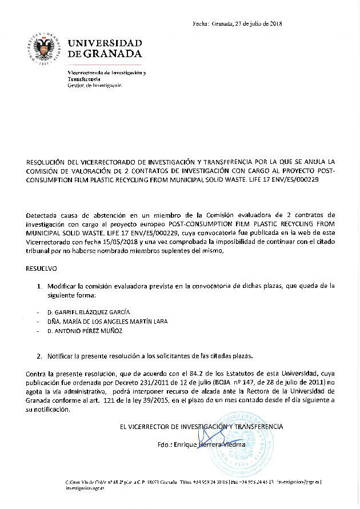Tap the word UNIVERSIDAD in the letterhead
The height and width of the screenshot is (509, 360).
pyautogui.click(x=105, y=43)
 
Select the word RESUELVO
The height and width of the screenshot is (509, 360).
pyautogui.click(x=41, y=268)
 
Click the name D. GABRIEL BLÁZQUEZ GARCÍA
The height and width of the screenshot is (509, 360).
pyautogui.click(x=89, y=312)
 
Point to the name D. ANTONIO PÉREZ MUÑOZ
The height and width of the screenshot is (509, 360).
pyautogui.click(x=85, y=331)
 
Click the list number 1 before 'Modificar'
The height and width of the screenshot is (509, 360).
pyautogui.click(x=39, y=285)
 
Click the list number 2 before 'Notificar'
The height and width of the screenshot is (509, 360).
pyautogui.click(x=39, y=356)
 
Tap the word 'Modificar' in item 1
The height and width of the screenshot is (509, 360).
pyautogui.click(x=62, y=285)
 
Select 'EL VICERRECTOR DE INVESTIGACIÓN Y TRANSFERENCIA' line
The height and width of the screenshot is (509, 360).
pyautogui.click(x=201, y=426)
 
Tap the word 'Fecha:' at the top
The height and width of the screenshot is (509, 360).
pyautogui.click(x=201, y=23)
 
